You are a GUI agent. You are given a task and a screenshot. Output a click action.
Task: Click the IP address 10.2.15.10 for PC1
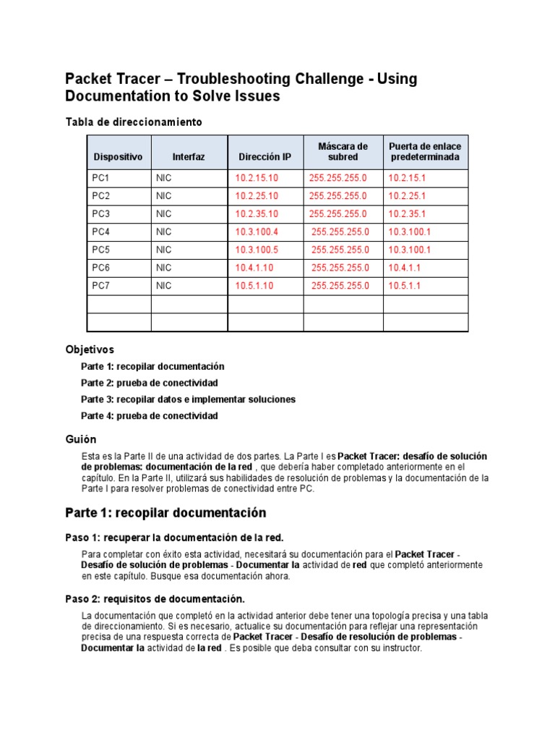point(257,178)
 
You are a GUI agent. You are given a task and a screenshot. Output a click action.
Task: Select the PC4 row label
point(101,232)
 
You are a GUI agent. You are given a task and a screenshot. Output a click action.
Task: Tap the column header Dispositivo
point(118,157)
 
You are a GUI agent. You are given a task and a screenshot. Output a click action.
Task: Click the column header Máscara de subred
point(343,152)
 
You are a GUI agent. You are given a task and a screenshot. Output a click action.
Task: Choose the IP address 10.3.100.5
point(257,250)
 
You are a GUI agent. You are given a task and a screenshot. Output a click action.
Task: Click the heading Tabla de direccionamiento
point(134,122)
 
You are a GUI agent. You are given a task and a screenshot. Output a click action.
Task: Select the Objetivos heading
point(90,350)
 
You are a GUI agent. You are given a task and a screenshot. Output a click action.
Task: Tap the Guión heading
point(80,439)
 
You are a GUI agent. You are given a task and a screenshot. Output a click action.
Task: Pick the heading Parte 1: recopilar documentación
point(165,513)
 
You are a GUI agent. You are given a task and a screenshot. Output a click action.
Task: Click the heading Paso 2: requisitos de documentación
point(155,599)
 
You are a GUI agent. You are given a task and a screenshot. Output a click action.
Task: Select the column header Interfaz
point(189,157)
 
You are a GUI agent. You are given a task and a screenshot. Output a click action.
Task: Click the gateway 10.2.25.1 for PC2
point(407,196)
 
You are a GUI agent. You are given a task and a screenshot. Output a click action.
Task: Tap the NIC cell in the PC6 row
point(164,268)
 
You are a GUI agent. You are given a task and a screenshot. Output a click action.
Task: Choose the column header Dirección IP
point(264,157)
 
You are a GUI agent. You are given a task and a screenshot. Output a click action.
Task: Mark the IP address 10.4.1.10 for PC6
point(254,268)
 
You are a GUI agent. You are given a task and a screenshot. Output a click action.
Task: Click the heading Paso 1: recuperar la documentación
point(174,538)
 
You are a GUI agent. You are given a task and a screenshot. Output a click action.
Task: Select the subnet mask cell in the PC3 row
point(337,214)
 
